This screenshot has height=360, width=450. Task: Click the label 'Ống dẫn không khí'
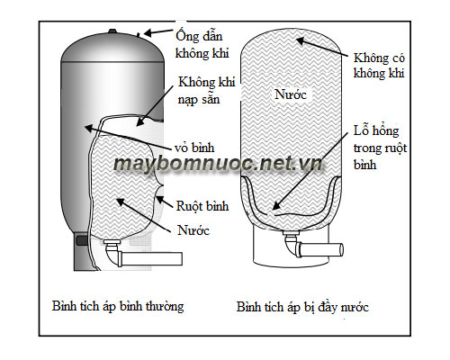(x=202, y=44)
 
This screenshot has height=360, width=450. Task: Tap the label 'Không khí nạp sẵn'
(x=206, y=91)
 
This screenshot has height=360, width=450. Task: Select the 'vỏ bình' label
(x=194, y=148)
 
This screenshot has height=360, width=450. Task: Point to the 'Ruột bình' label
(x=202, y=206)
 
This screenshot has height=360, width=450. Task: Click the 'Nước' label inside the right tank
(x=290, y=94)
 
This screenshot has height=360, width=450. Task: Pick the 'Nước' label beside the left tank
(x=193, y=230)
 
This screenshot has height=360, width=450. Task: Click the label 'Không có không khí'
(x=379, y=66)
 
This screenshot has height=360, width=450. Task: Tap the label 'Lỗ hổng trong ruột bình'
(x=380, y=148)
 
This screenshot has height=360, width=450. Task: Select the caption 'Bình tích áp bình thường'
(x=118, y=306)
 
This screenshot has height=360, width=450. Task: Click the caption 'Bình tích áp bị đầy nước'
(x=302, y=307)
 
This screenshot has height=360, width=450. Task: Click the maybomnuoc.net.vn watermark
(x=218, y=164)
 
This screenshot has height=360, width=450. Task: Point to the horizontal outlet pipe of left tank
(x=152, y=259)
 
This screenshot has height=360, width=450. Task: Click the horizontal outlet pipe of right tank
(x=321, y=249)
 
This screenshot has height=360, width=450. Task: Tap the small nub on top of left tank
(x=112, y=31)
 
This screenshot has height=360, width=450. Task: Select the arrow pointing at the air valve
(x=157, y=31)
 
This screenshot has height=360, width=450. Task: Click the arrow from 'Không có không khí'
(x=322, y=47)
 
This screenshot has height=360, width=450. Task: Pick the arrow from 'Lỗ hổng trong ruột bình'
(x=310, y=171)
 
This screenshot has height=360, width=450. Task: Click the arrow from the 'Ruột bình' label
(x=164, y=202)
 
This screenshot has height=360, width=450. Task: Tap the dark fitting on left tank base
(x=82, y=240)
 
